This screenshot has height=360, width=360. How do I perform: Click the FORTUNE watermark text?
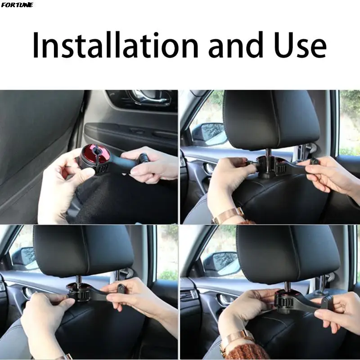click(x=17, y=5)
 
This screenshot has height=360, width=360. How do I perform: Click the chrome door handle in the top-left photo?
click(x=148, y=97)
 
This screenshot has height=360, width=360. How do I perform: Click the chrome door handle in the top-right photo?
click(x=209, y=168)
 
